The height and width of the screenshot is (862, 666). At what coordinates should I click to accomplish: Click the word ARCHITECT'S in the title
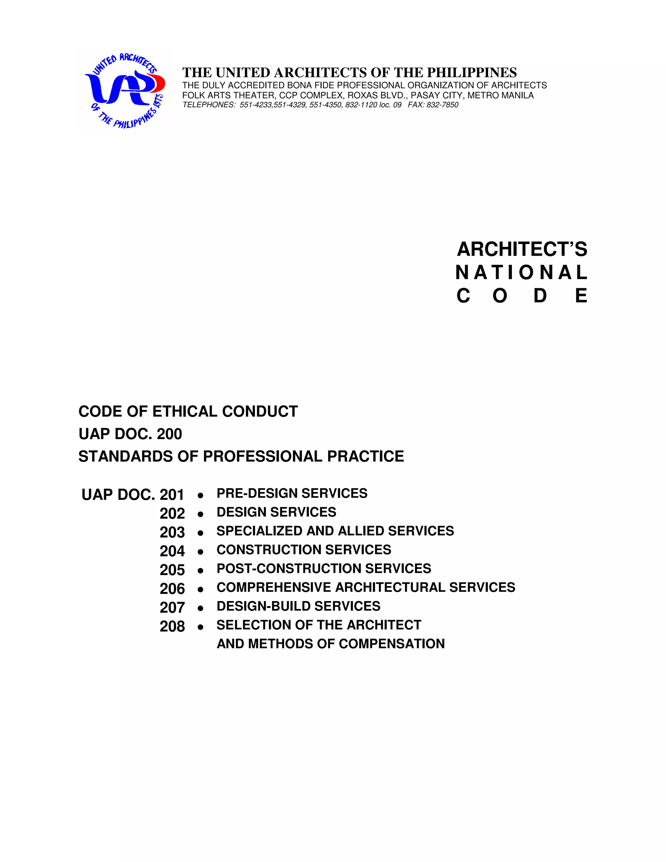[x=522, y=249]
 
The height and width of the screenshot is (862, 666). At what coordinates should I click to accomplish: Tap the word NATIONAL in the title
[x=522, y=273]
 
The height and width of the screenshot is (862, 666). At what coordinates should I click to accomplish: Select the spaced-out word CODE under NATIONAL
[x=522, y=296]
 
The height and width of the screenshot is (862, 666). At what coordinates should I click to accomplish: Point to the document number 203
[x=172, y=532]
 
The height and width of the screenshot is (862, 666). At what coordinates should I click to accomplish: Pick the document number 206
[x=172, y=589]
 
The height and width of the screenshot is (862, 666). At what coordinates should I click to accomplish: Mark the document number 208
[x=172, y=627]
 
